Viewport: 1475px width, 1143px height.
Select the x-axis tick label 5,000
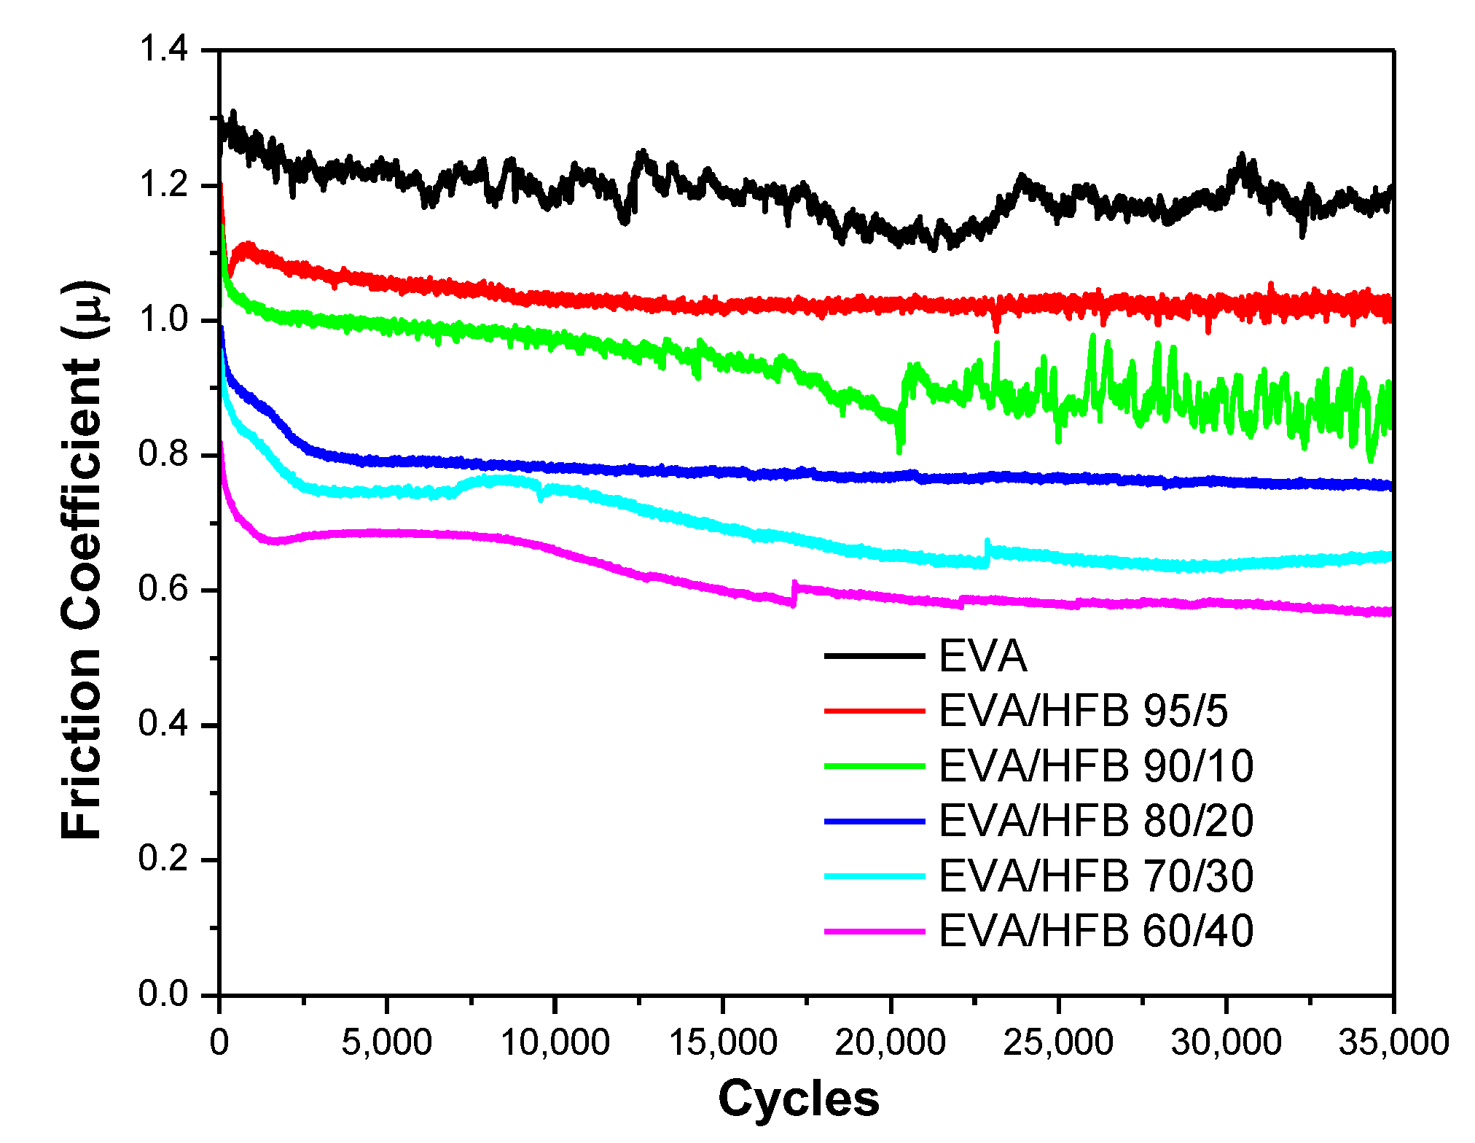point(386,1042)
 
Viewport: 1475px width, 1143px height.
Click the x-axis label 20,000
point(890,1042)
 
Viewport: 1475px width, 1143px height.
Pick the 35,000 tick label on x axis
point(1393,1042)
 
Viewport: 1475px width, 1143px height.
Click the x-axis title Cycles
point(799,1099)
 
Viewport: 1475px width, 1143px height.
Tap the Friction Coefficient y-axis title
point(82,560)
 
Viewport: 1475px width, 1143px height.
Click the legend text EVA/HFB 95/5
point(1083,711)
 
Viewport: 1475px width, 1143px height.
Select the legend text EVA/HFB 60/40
point(1095,931)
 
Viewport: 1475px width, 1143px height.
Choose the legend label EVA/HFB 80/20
point(1095,821)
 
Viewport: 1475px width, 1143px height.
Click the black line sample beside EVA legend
point(874,656)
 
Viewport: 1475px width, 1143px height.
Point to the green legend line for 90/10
point(874,766)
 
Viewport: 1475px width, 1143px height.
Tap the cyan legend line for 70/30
point(874,876)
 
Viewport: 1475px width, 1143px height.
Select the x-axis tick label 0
point(219,1042)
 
